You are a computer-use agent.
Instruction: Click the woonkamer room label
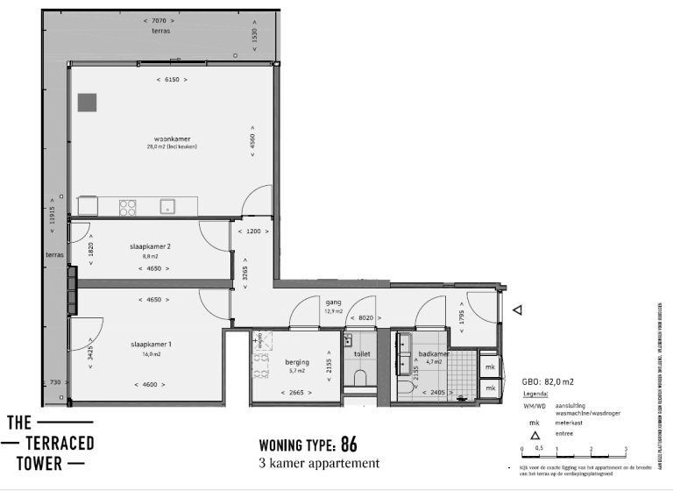coord(172,139)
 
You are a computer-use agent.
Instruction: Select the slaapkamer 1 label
coord(152,345)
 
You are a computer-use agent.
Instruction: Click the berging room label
coord(298,361)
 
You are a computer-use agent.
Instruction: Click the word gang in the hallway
coord(333,302)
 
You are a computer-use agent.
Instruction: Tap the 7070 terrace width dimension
coord(159,19)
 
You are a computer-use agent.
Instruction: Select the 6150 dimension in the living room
coord(172,80)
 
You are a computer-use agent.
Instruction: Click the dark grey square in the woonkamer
coord(87,102)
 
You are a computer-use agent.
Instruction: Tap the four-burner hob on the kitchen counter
coord(128,208)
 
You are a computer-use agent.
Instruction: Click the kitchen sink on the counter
coord(166,208)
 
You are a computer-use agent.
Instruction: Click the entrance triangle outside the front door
coord(518,310)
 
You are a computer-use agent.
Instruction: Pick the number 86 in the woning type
coord(349,443)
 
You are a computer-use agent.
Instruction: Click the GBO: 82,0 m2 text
coord(548,382)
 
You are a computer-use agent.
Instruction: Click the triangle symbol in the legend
coord(534,435)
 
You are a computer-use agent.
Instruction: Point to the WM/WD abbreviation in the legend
coord(535,406)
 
